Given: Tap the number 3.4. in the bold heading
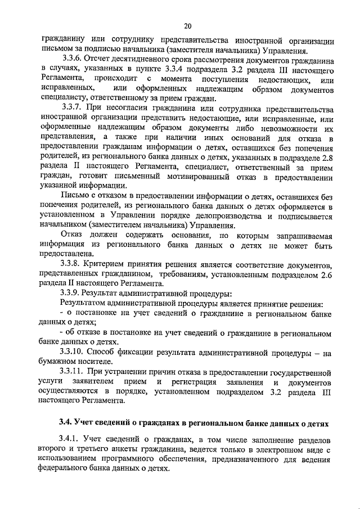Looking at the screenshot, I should [x=67, y=422].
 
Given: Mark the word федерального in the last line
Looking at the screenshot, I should [x=70, y=468].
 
